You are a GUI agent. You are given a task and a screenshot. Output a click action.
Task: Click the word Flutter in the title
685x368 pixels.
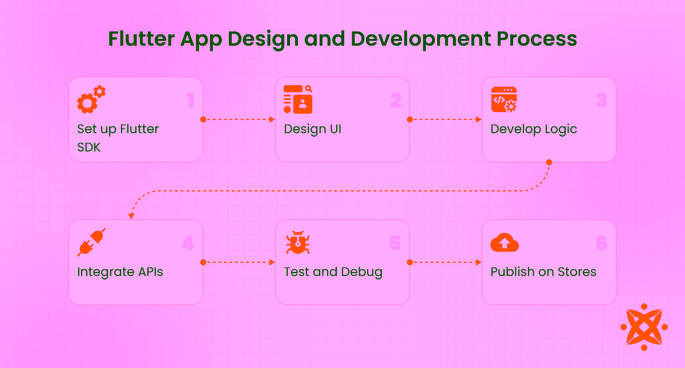[x=142, y=39]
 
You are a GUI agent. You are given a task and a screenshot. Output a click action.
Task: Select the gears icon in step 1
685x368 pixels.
[x=91, y=99]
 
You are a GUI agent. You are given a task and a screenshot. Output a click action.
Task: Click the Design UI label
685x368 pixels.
[x=312, y=129]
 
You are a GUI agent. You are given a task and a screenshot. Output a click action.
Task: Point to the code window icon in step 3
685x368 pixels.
[x=504, y=99]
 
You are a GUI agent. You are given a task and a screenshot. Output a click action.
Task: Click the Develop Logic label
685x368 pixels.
[x=534, y=129]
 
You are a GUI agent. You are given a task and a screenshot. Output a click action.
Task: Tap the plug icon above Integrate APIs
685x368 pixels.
[x=91, y=242]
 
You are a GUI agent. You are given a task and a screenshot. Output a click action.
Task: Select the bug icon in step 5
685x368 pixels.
[x=297, y=242]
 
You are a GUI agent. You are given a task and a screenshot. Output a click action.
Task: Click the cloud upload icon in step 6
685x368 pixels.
[x=505, y=242]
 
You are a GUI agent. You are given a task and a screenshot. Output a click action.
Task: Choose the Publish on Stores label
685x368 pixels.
[x=543, y=272]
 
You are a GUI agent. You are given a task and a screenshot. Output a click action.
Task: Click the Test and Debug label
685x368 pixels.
[x=333, y=272]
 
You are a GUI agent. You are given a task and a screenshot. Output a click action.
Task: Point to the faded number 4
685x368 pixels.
[x=188, y=244]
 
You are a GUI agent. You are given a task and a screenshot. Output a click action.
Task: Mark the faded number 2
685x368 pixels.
[x=396, y=101]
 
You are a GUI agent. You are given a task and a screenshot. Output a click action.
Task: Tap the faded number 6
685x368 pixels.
[x=602, y=244]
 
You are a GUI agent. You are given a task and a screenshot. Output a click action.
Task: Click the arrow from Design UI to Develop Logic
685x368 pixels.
[x=446, y=119]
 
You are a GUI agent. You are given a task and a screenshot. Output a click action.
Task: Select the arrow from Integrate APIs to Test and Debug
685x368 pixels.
[x=239, y=262]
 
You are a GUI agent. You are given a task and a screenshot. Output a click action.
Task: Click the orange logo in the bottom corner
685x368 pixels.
[x=644, y=327]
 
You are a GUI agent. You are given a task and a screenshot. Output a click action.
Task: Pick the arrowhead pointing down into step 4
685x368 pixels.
[x=131, y=216]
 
